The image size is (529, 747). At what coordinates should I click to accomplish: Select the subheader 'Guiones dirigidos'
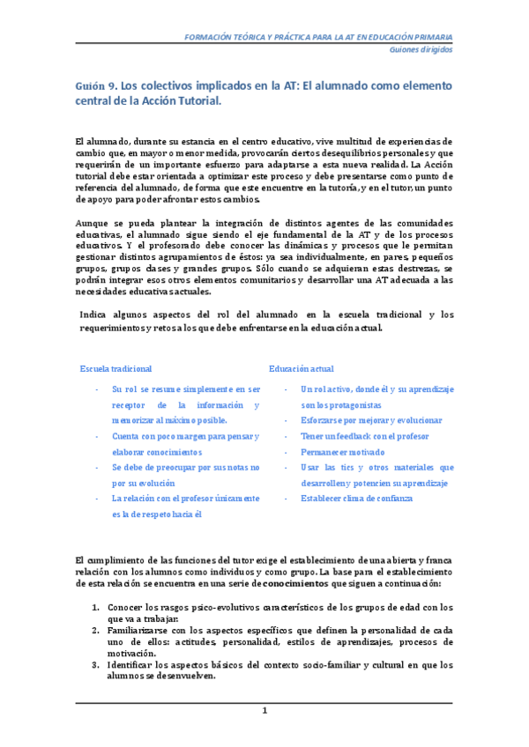[421, 50]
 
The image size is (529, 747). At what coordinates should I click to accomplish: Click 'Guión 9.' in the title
[94, 86]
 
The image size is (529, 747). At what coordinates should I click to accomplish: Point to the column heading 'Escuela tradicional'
[115, 368]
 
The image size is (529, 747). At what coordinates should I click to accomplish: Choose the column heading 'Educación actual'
[302, 368]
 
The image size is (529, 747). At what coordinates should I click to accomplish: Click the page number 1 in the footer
[264, 710]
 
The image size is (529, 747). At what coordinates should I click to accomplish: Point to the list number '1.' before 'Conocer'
[96, 607]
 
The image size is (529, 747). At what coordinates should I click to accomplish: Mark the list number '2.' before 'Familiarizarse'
[96, 631]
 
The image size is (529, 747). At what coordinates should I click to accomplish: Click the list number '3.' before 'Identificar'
[96, 665]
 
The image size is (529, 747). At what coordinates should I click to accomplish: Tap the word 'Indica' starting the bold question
[94, 314]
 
